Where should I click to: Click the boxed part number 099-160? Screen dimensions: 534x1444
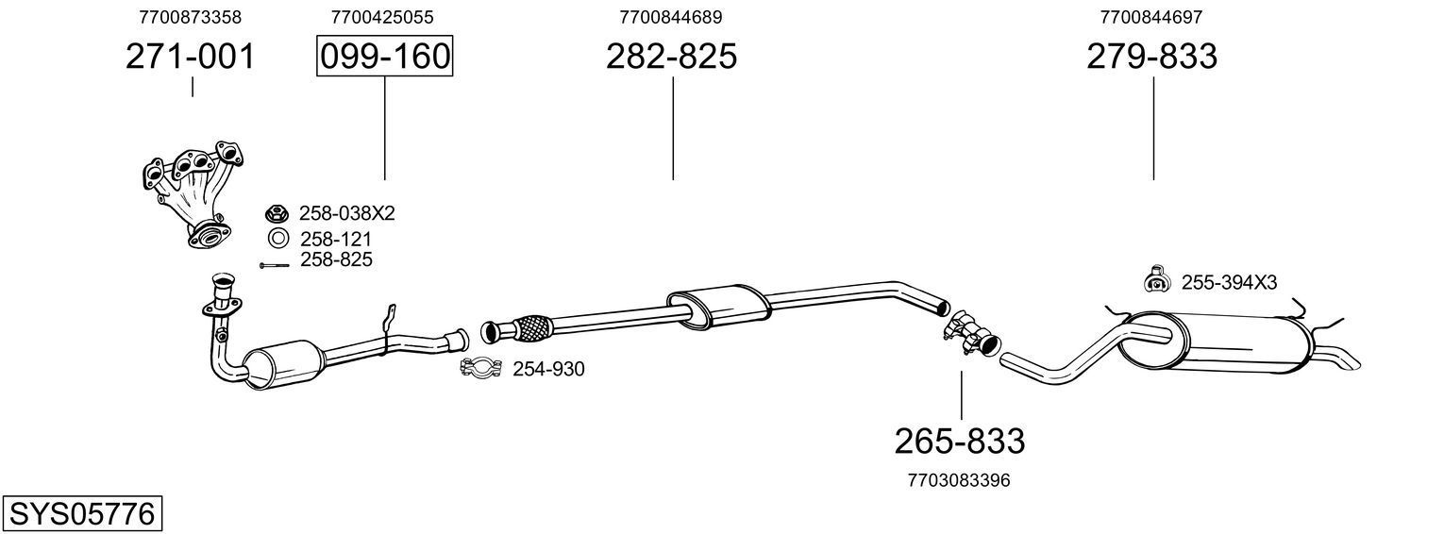[x=384, y=57]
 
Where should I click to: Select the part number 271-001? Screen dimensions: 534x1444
[x=191, y=57]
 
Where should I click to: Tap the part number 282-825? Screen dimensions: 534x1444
[x=671, y=57]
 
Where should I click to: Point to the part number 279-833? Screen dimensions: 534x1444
[x=1151, y=57]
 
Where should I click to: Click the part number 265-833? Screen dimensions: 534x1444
[x=959, y=441]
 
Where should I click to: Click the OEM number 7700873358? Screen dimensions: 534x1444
[x=190, y=17]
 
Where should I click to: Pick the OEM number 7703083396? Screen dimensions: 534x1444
[x=959, y=480]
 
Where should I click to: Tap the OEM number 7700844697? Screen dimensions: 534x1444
[x=1150, y=17]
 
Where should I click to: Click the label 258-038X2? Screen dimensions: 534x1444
[x=346, y=213]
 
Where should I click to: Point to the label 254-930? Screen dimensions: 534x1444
[x=548, y=369]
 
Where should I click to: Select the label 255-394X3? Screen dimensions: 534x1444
[x=1229, y=281]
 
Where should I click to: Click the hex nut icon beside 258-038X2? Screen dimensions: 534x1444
[x=277, y=213]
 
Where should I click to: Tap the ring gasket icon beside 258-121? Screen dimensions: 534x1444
[x=277, y=239]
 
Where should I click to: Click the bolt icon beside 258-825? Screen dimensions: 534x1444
[x=275, y=265]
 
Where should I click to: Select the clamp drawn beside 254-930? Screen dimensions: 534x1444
[x=480, y=368]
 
